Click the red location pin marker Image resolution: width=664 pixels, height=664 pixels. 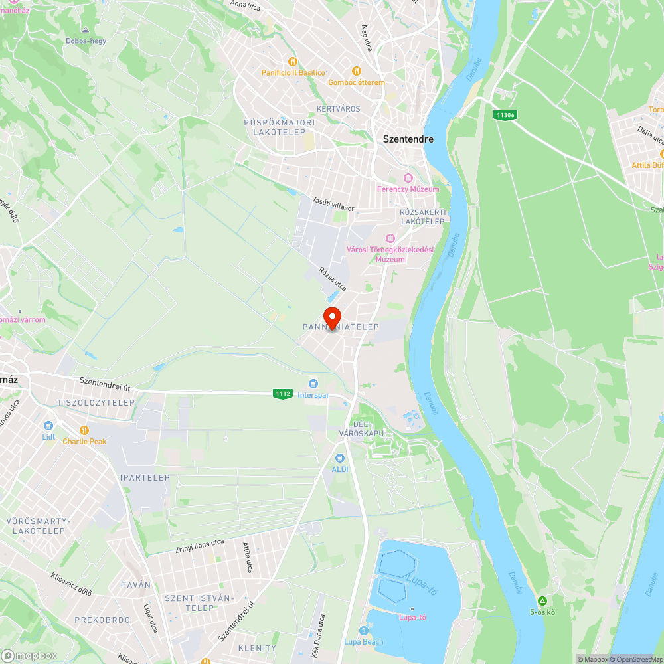tap(331, 317)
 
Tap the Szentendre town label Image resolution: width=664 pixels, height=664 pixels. tap(408, 139)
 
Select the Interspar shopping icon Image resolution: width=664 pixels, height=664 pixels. tap(313, 383)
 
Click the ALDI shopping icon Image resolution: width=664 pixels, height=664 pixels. tap(340, 458)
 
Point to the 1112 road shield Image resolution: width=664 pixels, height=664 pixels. tap(282, 394)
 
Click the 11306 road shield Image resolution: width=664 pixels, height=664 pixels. tap(505, 115)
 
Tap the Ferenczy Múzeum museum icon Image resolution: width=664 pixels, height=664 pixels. tap(408, 178)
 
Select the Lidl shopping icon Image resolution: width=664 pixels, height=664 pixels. tap(48, 425)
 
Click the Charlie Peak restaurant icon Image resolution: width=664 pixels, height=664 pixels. tap(84, 430)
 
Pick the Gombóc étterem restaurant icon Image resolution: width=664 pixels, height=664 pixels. tap(357, 71)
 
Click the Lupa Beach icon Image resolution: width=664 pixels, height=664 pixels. tap(363, 631)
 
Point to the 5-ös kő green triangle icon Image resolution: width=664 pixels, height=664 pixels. tap(542, 600)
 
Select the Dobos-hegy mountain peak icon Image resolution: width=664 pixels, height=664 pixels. tap(86, 30)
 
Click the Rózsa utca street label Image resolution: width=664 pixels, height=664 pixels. tap(333, 279)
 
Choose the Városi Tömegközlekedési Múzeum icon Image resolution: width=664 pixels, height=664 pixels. tap(390, 238)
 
